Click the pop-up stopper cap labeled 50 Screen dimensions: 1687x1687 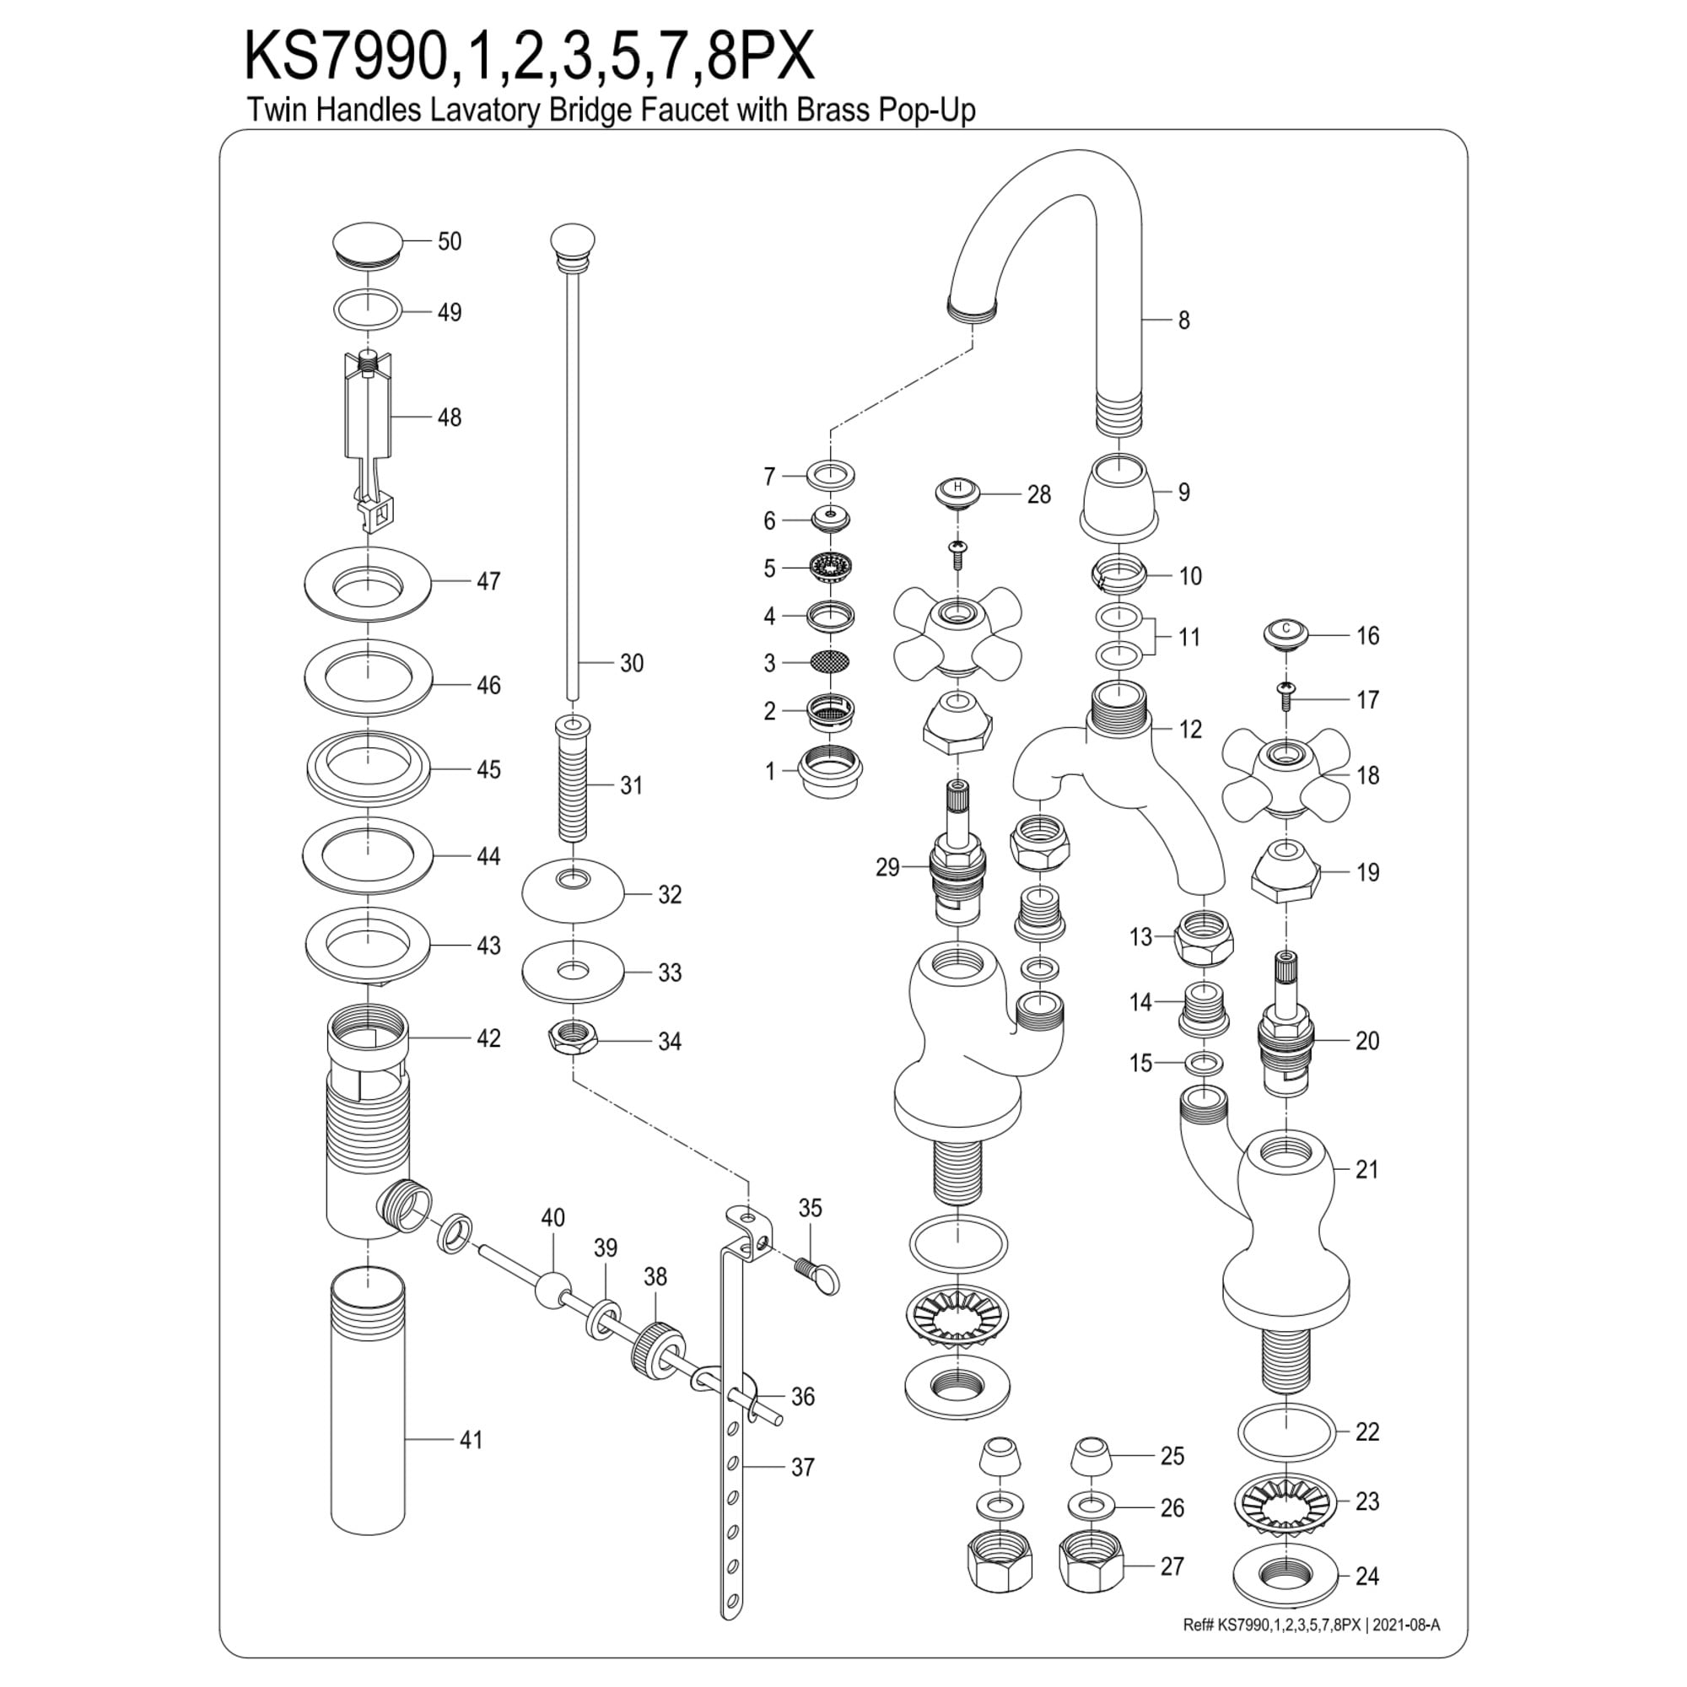tap(369, 241)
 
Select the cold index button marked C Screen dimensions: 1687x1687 tap(1285, 632)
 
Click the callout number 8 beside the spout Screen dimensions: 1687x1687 tap(1183, 321)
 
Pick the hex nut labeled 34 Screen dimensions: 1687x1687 tap(573, 1038)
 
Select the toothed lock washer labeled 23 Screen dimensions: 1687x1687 tap(1285, 1503)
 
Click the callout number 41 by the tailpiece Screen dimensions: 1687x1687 tap(472, 1439)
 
